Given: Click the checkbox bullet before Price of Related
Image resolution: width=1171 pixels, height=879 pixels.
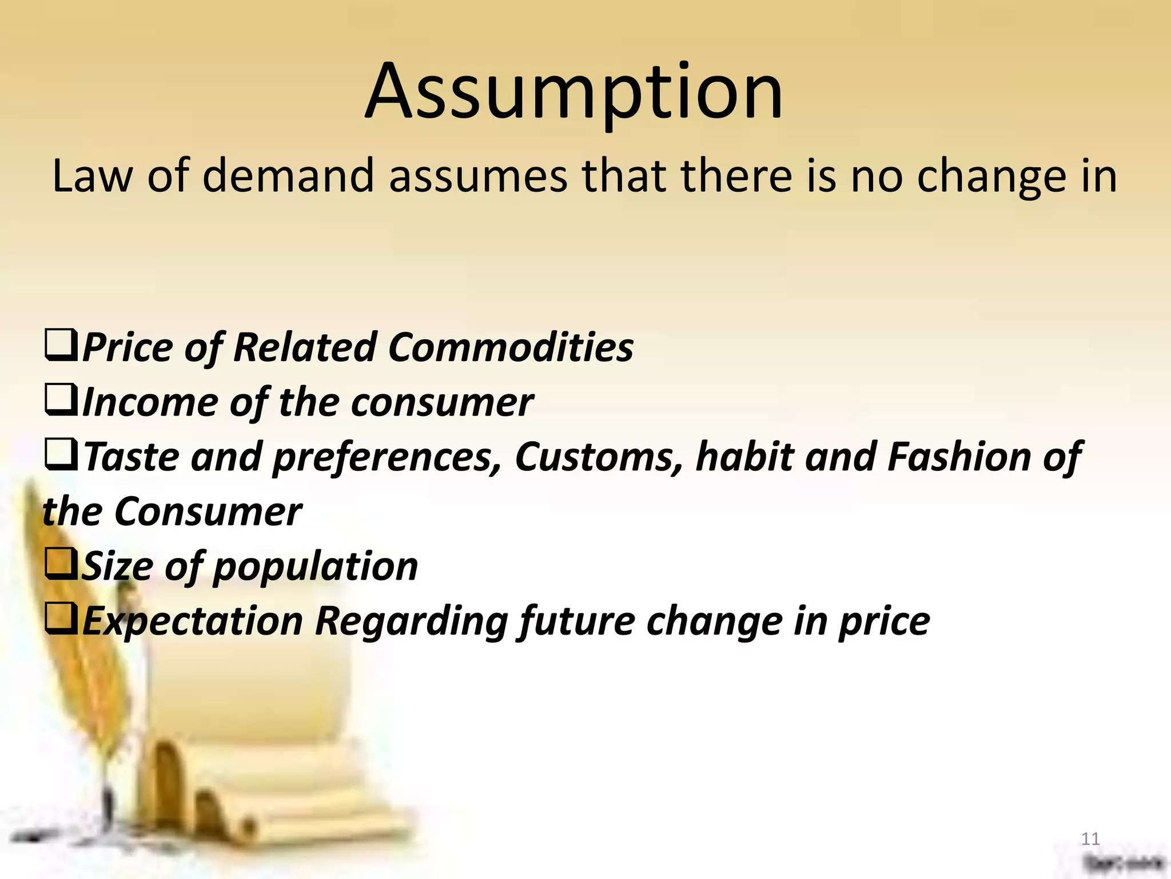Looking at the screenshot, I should click(x=61, y=346).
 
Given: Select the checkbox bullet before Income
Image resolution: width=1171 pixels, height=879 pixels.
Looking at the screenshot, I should click(x=61, y=401).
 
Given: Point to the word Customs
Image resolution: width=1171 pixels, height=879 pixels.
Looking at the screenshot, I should click(x=598, y=457).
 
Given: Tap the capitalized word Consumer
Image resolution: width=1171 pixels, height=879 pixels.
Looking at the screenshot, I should click(x=208, y=512).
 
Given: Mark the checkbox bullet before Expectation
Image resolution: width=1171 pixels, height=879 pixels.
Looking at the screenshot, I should click(x=61, y=619).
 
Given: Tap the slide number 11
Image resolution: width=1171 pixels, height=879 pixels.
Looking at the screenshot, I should click(x=1090, y=839).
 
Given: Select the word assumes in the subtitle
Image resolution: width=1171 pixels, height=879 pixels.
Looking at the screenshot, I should click(x=478, y=177).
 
